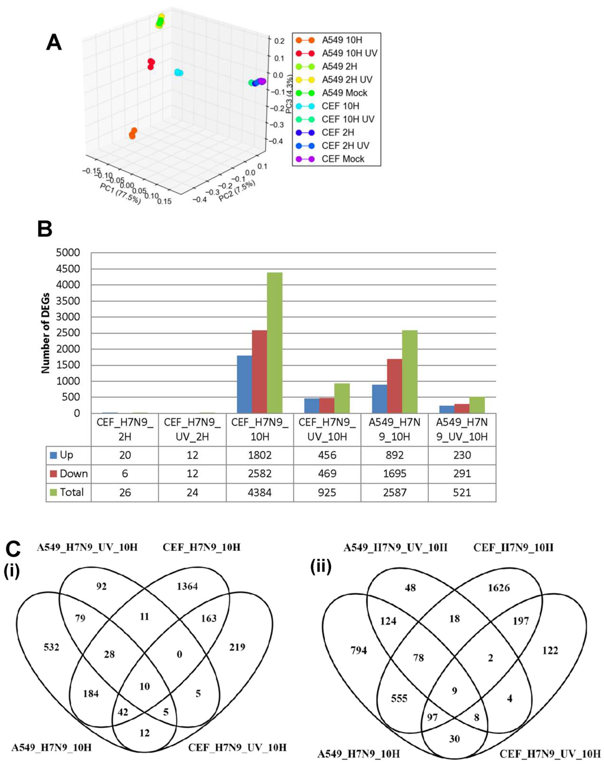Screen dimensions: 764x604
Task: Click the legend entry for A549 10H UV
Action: pos(349,53)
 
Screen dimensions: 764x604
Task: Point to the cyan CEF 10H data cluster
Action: pos(179,72)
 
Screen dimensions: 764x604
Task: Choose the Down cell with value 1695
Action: pos(395,474)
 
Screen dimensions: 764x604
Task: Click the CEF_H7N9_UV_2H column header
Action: pos(192,430)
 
